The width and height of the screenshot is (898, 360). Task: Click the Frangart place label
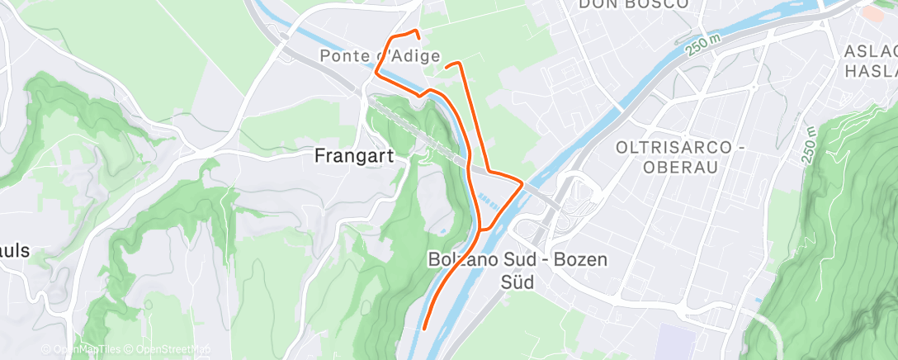(352, 154)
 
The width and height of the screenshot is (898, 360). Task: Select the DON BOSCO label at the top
(633, 4)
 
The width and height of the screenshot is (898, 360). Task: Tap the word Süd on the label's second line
(517, 282)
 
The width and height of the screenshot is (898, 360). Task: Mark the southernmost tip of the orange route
(424, 329)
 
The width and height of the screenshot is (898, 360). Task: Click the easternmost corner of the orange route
(522, 182)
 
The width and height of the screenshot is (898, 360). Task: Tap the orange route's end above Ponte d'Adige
(418, 37)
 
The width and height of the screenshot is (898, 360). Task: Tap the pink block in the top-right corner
(877, 12)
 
